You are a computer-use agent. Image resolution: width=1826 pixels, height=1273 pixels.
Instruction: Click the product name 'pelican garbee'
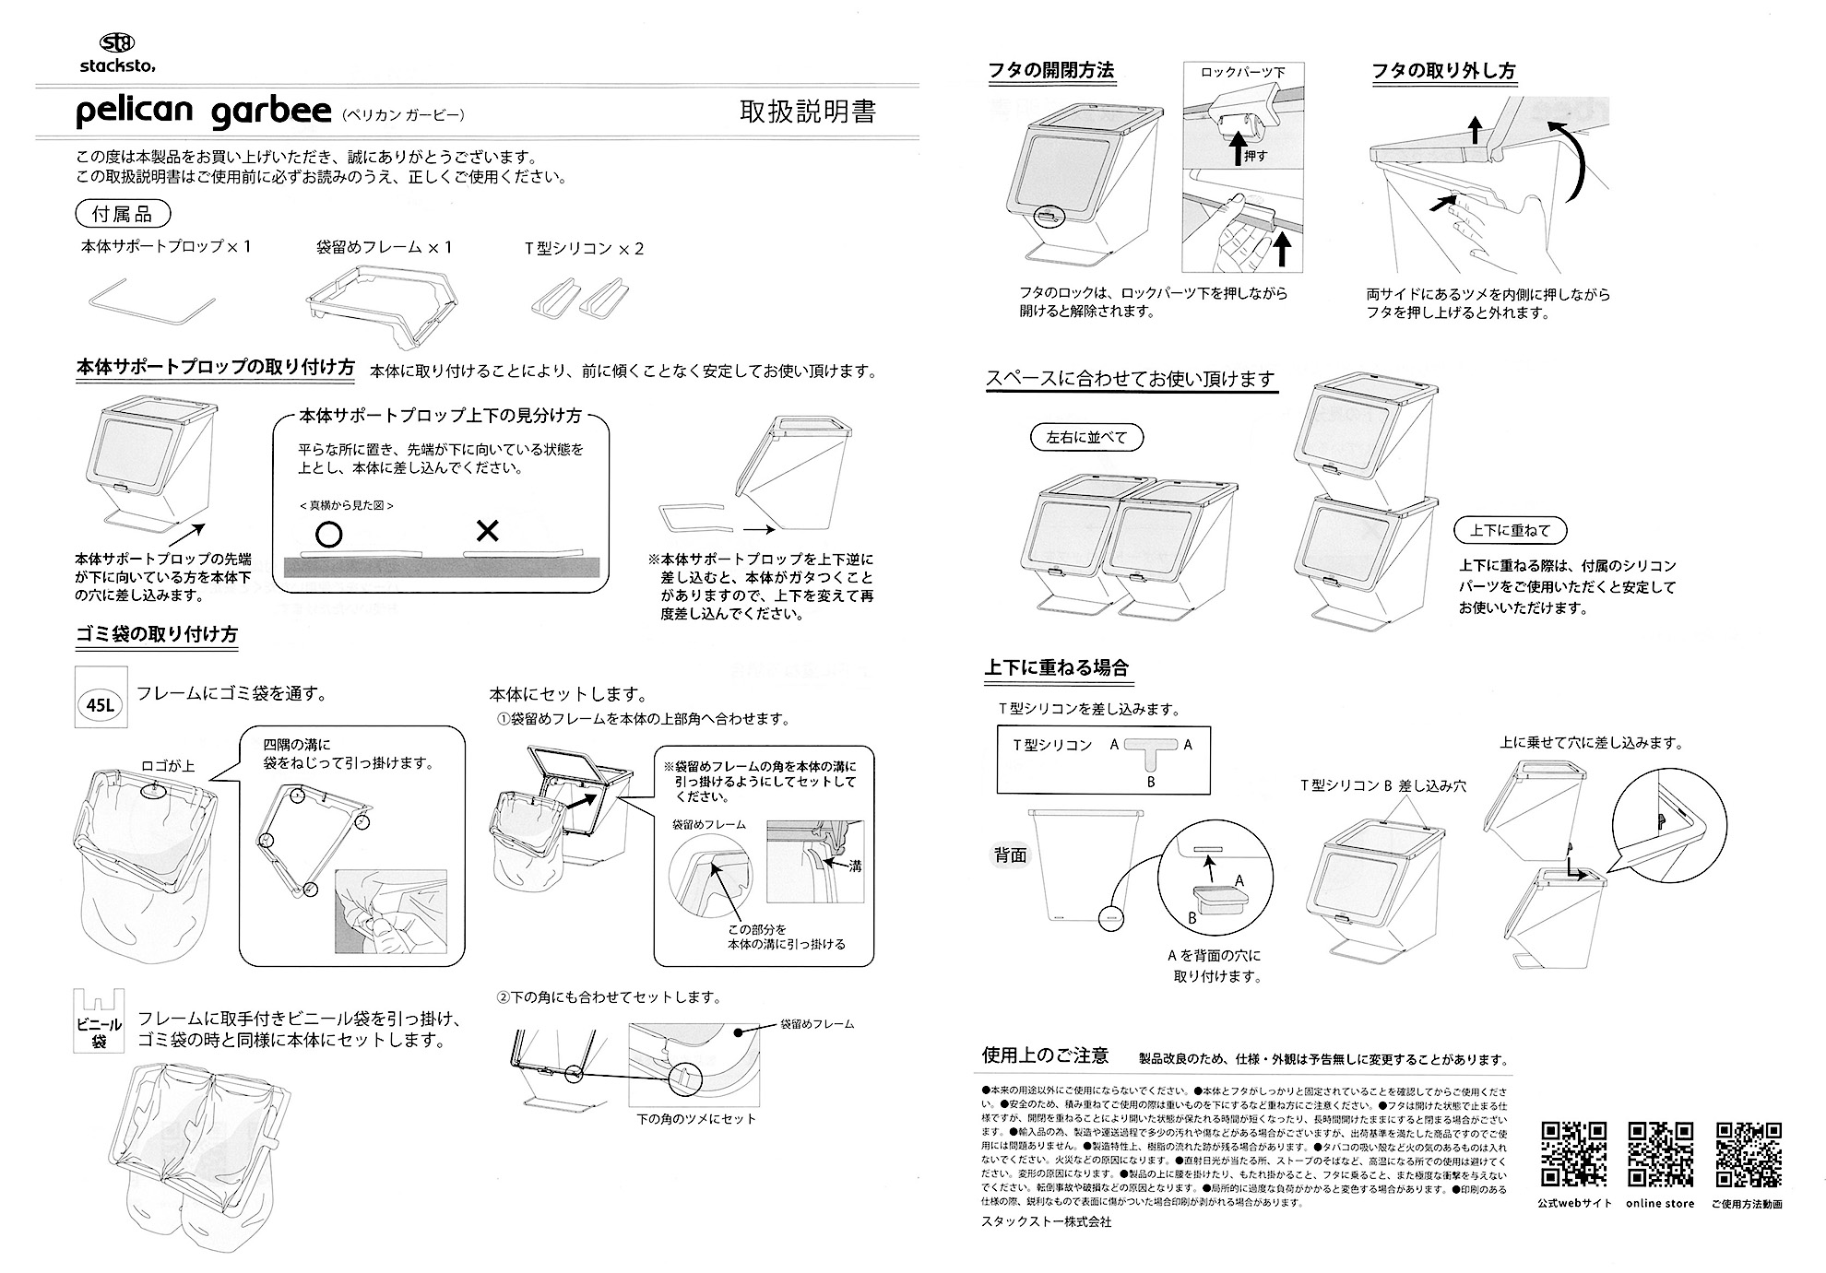(x=202, y=112)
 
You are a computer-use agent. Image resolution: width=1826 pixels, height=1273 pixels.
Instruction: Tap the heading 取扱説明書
(x=807, y=112)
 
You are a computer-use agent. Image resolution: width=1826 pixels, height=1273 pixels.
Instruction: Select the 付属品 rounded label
(x=122, y=215)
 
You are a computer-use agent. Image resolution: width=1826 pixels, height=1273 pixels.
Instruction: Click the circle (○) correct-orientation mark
(x=328, y=534)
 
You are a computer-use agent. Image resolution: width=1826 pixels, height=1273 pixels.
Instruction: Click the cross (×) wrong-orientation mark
(x=487, y=532)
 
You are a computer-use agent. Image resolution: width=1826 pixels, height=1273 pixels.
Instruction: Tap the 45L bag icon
(x=100, y=706)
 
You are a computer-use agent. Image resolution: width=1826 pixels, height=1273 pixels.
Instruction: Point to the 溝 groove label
(x=854, y=866)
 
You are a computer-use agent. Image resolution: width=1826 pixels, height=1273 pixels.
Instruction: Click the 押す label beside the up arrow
(x=1256, y=157)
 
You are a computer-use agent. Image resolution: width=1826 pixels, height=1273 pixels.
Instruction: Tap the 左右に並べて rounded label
(x=1086, y=438)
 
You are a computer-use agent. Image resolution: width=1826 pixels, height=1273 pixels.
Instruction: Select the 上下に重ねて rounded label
(x=1510, y=530)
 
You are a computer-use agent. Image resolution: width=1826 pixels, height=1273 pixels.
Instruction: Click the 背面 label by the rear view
(x=1010, y=855)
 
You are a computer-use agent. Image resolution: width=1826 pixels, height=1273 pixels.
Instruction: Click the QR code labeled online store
(x=1660, y=1154)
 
